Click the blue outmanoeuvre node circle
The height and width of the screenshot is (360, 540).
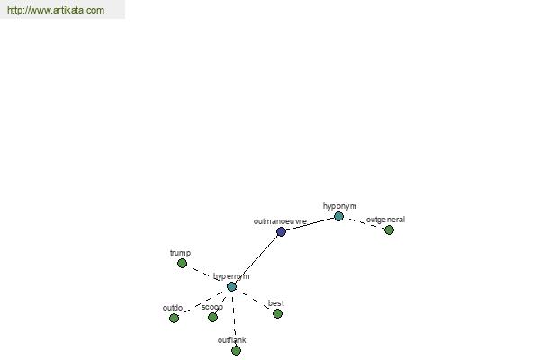pyautogui.click(x=281, y=231)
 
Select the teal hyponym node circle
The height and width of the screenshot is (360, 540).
pyautogui.click(x=338, y=216)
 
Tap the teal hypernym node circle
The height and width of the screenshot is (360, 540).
pyautogui.click(x=231, y=286)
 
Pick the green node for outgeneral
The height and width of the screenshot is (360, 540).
pyautogui.click(x=389, y=229)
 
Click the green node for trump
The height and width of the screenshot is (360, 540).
pyautogui.click(x=182, y=263)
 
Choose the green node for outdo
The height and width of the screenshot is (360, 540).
pyautogui.click(x=174, y=318)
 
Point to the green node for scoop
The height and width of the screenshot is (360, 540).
pyautogui.click(x=212, y=318)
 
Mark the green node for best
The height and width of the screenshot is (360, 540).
pyautogui.click(x=277, y=313)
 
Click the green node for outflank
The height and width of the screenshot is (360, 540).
pyautogui.click(x=236, y=351)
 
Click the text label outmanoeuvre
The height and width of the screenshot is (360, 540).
pyautogui.click(x=280, y=221)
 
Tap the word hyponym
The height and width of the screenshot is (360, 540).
pyautogui.click(x=339, y=206)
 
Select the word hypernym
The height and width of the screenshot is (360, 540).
pyautogui.click(x=231, y=276)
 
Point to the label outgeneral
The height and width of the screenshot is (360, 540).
pyautogui.click(x=385, y=220)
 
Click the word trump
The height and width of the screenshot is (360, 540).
pyautogui.click(x=180, y=253)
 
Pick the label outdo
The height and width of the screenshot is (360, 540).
pyautogui.click(x=173, y=308)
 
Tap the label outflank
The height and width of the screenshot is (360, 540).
pyautogui.click(x=232, y=340)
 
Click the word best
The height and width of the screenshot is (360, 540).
pyautogui.click(x=276, y=303)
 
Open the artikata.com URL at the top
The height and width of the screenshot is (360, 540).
pyautogui.click(x=56, y=10)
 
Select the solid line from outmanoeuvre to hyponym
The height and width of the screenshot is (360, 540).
pyautogui.click(x=310, y=224)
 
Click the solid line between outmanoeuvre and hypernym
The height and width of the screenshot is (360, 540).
pyautogui.click(x=256, y=259)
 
